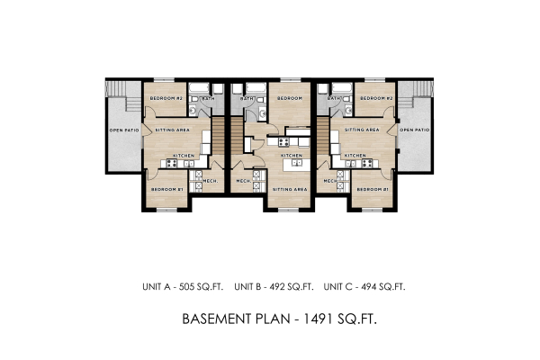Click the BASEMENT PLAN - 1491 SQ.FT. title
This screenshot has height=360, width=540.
tap(269, 319)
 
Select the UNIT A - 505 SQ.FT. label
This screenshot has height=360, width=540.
tap(180, 287)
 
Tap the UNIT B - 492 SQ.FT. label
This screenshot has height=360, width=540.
tap(274, 287)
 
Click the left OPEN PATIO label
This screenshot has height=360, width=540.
tap(124, 130)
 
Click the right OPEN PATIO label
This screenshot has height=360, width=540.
tap(415, 130)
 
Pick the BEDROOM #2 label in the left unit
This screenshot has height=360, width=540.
tap(166, 98)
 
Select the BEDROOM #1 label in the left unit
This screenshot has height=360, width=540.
tap(166, 190)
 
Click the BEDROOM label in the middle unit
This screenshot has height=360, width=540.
tap(289, 98)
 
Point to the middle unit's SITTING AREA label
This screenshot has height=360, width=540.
tap(289, 190)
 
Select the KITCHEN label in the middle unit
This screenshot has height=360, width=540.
tap(291, 156)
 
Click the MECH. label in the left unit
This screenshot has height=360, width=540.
tap(211, 181)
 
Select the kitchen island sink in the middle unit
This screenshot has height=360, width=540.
tap(293, 165)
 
